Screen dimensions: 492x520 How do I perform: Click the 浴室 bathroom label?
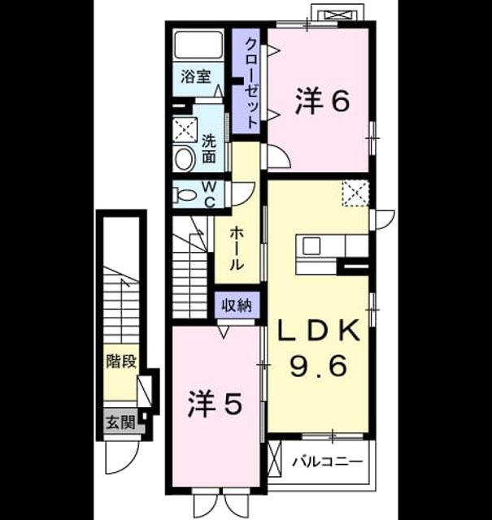tap(196, 76)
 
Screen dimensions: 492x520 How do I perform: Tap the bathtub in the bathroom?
tap(198, 45)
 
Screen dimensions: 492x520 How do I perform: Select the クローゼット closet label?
tap(251, 84)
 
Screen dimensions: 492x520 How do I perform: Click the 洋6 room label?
tap(322, 101)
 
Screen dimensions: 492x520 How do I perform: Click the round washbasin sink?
tap(185, 159)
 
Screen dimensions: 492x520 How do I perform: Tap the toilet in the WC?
tap(185, 195)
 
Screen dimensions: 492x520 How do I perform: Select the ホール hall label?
tap(237, 248)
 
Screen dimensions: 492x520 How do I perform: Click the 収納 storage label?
tap(237, 305)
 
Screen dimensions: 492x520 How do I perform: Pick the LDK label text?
tap(319, 330)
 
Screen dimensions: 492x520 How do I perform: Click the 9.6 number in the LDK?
tap(319, 365)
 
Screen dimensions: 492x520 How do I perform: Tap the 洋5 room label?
tap(215, 404)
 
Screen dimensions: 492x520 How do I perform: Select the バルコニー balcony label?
tap(328, 461)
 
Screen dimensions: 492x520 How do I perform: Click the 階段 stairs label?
tap(121, 361)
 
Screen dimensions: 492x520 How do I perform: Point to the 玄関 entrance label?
tap(120, 422)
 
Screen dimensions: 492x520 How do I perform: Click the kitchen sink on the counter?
tap(311, 246)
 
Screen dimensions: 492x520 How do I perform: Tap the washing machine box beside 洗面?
tap(185, 130)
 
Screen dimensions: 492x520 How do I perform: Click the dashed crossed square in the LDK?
tap(355, 193)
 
